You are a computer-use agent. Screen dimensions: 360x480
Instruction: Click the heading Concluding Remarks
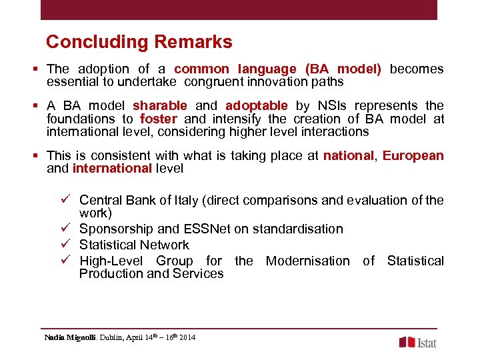pos(139,42)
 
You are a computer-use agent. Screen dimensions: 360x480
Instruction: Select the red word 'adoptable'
pos(257,105)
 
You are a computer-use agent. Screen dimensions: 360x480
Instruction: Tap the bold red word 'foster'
pos(159,119)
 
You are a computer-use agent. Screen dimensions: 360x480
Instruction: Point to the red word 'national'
pos(348,155)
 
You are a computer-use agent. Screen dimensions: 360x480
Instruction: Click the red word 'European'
pos(413,155)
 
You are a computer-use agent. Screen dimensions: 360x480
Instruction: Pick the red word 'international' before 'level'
pos(112,168)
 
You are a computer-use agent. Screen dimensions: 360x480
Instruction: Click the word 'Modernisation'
pos(307,261)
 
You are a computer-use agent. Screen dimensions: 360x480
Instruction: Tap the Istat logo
pos(417,342)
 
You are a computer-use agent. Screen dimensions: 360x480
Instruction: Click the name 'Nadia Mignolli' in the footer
pos(68,339)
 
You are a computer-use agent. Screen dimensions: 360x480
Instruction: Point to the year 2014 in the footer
pos(187,339)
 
